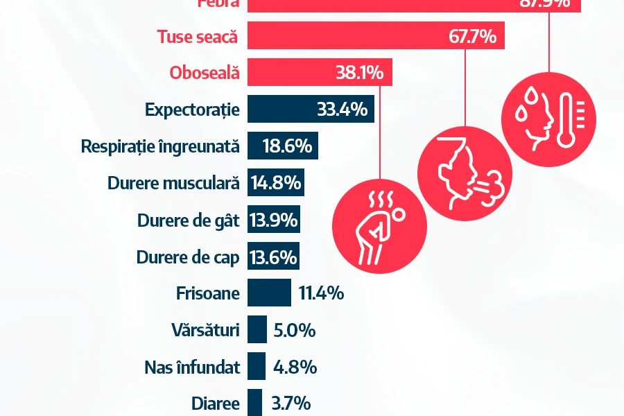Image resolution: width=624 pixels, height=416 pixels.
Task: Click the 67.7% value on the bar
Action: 472,36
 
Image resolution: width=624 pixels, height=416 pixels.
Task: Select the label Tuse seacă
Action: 198,37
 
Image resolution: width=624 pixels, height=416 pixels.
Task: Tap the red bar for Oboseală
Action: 320,73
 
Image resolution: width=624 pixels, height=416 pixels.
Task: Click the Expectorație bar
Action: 311,110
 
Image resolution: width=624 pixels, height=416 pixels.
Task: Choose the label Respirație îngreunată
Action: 160,147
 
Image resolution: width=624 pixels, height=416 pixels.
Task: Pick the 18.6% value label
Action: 287,147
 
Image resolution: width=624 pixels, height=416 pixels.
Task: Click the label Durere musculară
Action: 173,184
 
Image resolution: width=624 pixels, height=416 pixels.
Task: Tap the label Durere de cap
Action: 188,258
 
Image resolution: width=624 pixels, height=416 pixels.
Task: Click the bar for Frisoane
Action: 269,293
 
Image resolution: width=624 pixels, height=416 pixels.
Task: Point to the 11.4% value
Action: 321,293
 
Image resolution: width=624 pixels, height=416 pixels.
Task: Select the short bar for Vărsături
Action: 257,329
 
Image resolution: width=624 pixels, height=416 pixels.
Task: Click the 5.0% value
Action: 295,331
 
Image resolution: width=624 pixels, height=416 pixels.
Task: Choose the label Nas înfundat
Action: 193,367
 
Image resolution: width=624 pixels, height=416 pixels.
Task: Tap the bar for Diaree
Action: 254,403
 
